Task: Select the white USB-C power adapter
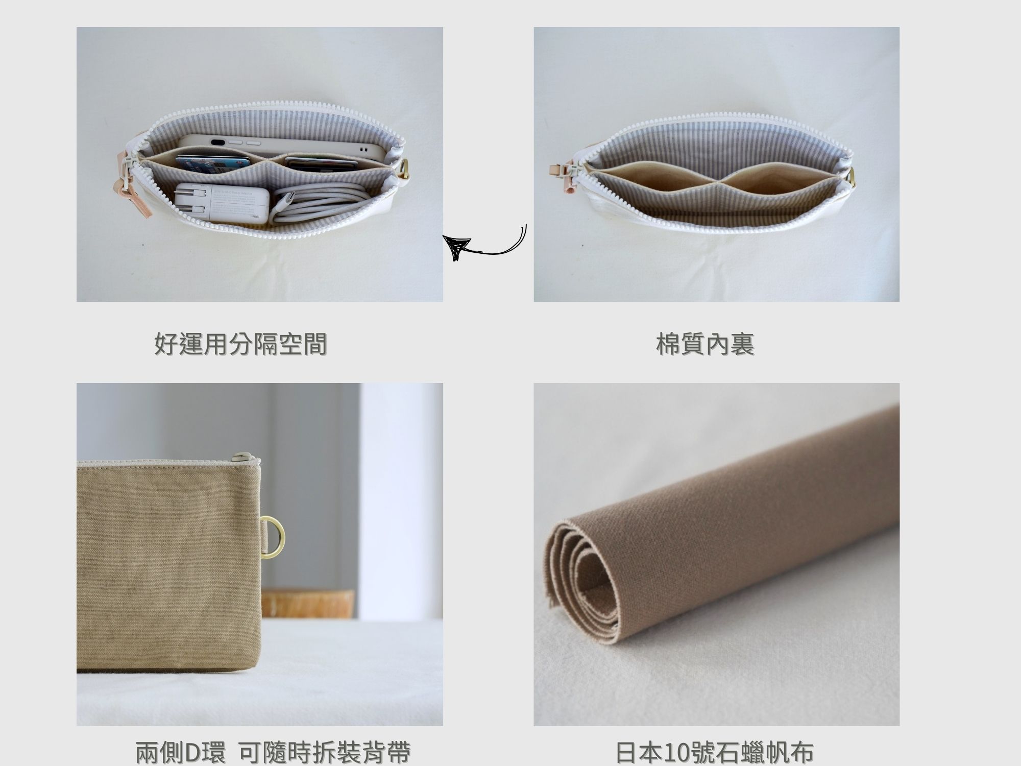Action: click(x=214, y=203)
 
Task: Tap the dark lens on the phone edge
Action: click(x=216, y=142)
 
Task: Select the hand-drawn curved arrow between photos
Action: click(x=485, y=245)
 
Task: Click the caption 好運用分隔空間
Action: click(x=240, y=344)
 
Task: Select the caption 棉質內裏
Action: click(x=705, y=344)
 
